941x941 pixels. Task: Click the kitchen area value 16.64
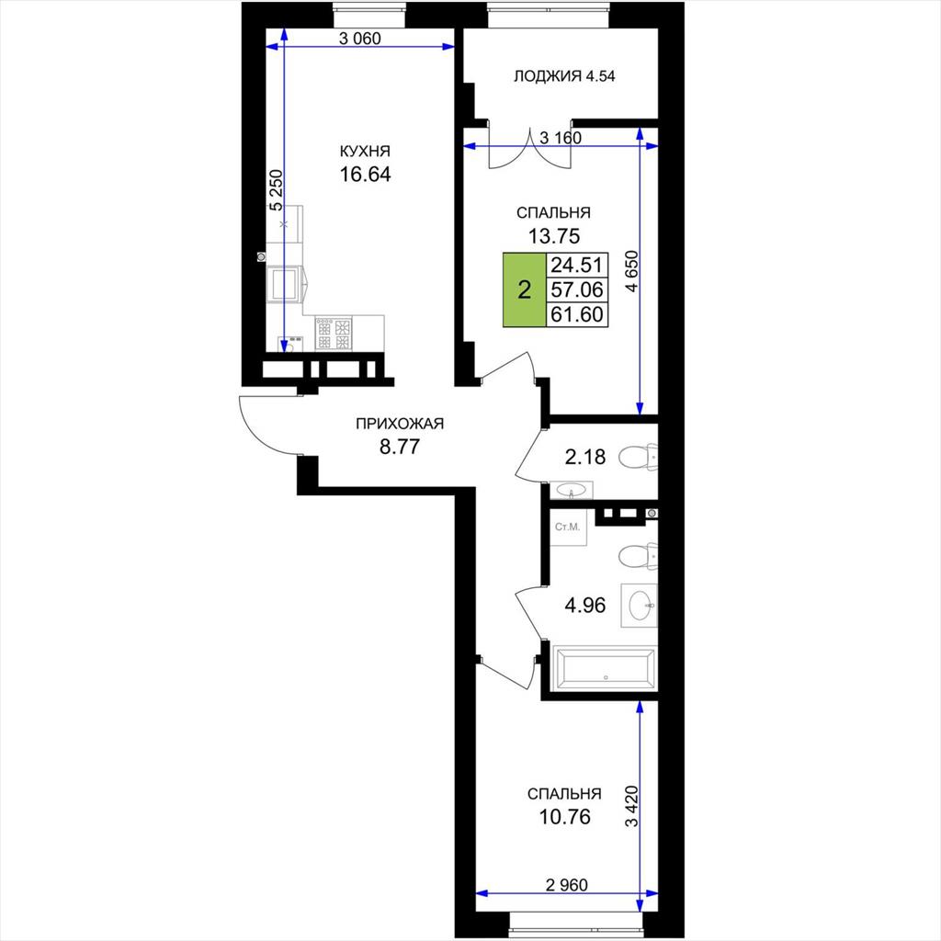click(365, 175)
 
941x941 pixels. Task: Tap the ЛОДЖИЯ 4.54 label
click(564, 76)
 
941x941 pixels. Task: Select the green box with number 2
click(525, 289)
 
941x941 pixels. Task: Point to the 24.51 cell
click(577, 265)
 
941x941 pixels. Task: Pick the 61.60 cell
click(577, 314)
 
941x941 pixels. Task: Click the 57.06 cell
click(577, 289)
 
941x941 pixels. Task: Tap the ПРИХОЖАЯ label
click(400, 424)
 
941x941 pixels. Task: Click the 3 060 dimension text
click(360, 39)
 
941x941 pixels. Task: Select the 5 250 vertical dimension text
click(276, 191)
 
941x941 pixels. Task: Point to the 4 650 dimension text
click(631, 271)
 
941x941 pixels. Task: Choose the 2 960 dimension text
click(566, 885)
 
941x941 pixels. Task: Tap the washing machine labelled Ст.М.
click(568, 527)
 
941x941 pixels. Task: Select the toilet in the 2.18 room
click(638, 457)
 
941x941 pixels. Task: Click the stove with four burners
click(334, 333)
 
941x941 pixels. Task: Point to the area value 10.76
click(565, 817)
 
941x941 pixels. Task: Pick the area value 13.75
click(554, 236)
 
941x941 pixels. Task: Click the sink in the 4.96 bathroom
click(640, 606)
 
